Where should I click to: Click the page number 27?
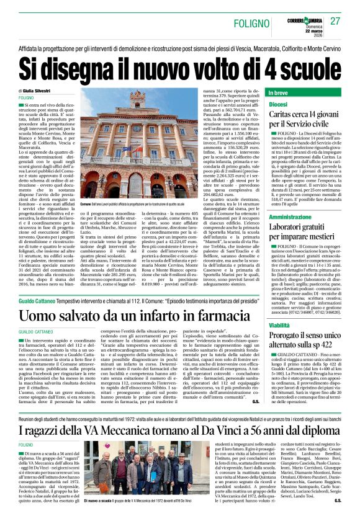pos(336,21)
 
